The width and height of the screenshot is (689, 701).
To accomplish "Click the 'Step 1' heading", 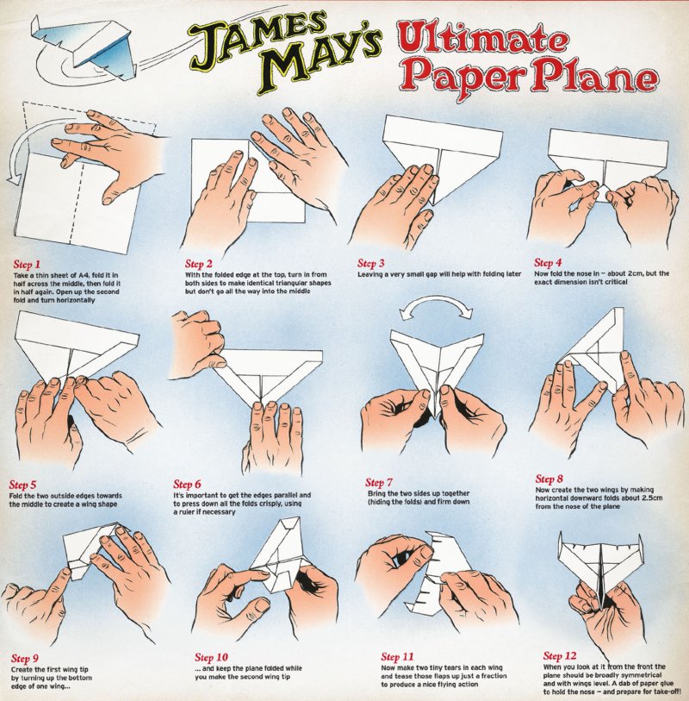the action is pos(27,264).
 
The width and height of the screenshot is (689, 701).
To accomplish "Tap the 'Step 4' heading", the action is pos(548,262).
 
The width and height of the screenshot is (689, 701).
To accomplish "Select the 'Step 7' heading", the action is pos(379,482).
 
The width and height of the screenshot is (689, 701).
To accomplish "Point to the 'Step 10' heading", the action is pos(211,657).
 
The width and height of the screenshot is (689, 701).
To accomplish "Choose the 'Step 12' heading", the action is pos(560,656).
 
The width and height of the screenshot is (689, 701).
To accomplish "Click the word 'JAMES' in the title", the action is pos(258,39).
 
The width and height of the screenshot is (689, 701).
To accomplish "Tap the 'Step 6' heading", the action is pos(187,485).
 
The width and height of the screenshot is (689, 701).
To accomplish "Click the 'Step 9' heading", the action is pos(25,658).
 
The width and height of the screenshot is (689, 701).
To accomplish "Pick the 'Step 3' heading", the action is pos(370,263).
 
